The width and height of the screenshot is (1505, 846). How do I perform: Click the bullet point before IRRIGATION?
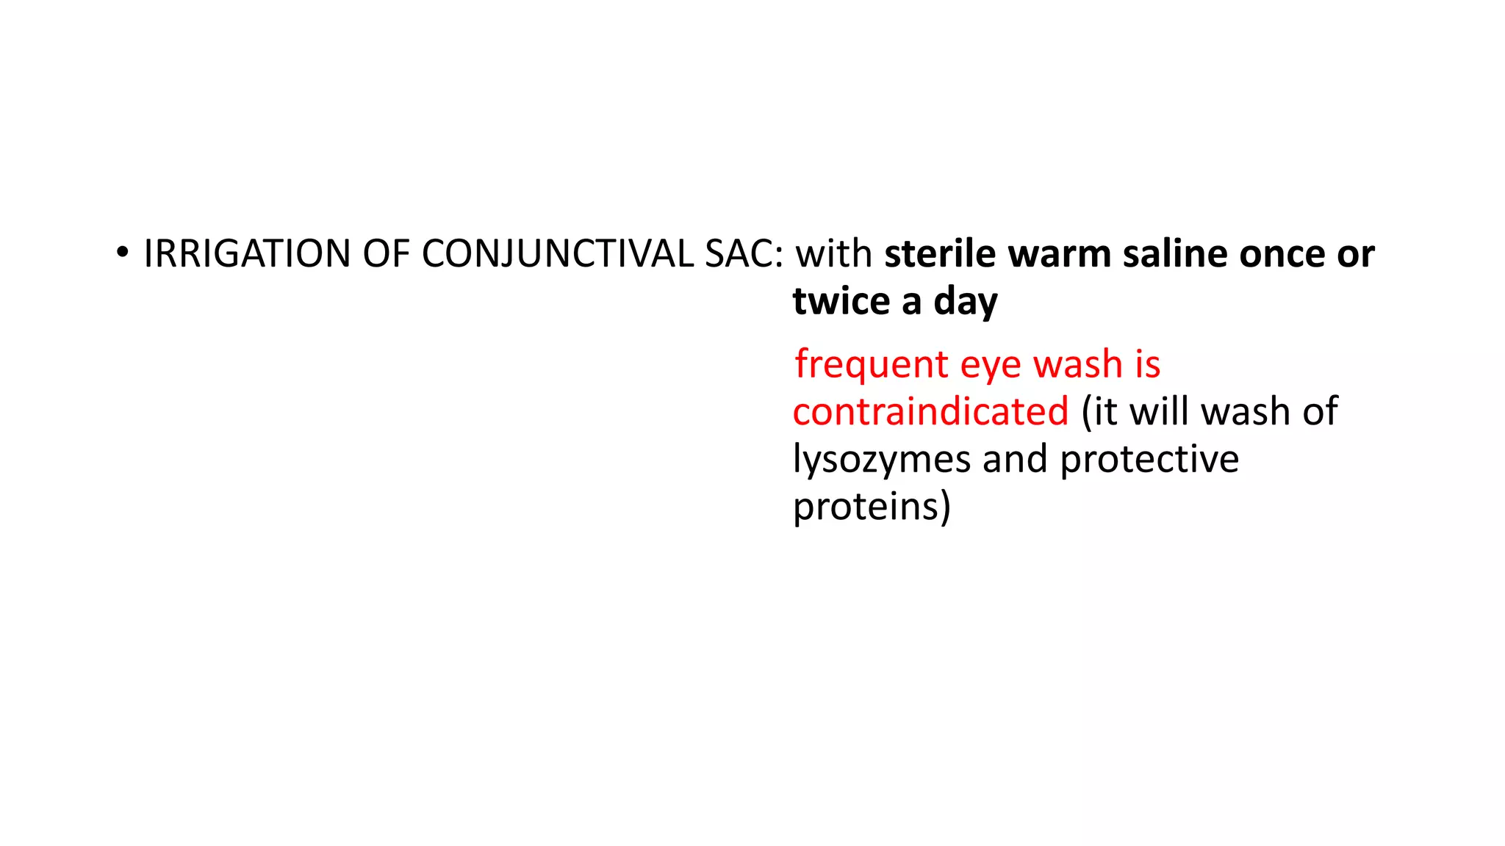(x=122, y=253)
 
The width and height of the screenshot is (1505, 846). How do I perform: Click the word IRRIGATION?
(x=247, y=254)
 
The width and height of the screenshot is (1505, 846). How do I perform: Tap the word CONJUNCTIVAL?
(x=558, y=254)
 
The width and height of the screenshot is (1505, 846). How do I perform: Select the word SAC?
(x=743, y=254)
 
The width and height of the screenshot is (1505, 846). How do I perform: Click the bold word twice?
(x=841, y=301)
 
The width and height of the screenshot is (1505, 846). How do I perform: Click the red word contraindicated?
(x=930, y=411)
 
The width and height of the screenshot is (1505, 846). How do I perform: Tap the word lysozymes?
(x=882, y=460)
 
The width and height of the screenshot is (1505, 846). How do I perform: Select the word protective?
(x=1149, y=460)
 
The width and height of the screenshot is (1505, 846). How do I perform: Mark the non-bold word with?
(x=834, y=254)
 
